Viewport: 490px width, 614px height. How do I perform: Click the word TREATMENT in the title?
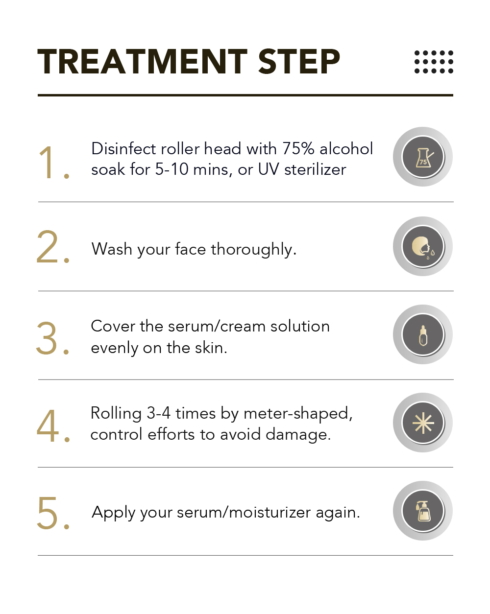coord(143,61)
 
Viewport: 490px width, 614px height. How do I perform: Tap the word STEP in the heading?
coord(299,61)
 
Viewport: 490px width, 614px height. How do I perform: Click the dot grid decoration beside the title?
coord(434,62)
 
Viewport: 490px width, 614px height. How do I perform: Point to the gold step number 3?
coord(52,338)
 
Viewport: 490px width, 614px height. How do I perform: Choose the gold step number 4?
coord(53,425)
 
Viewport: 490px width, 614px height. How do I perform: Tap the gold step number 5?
coord(53,513)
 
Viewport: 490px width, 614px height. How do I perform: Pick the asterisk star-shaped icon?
coord(423,423)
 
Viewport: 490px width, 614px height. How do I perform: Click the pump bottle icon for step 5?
coord(423,511)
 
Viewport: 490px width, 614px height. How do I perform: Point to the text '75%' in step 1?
coord(298,149)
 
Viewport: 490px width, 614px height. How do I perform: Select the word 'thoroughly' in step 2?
coord(253,249)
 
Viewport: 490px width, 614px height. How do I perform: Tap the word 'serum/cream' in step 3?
coord(217,326)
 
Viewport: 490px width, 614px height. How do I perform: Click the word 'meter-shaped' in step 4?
coord(298,414)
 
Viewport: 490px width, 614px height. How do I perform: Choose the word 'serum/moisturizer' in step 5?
coord(244,513)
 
